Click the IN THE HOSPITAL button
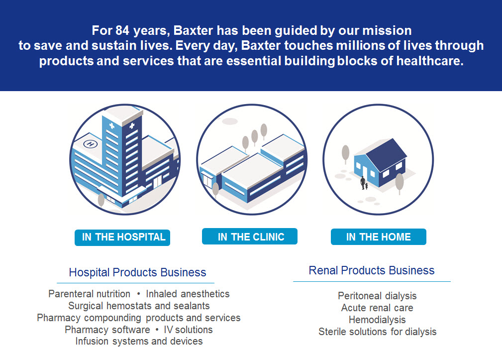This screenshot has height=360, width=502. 122,237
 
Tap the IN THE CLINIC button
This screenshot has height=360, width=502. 250,237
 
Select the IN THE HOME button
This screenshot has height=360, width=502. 378,237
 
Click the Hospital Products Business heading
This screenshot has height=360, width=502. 137,272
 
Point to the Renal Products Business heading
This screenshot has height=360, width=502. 371,270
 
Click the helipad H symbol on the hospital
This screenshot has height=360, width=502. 90,144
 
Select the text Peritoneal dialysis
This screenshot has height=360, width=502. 377,296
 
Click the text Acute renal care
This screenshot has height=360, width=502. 377,308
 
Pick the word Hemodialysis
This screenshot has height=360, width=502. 377,320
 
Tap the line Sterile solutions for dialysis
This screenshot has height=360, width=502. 377,332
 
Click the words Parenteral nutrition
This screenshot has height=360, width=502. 90,294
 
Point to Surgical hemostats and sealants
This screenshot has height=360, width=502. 139,306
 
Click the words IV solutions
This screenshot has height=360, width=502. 188,330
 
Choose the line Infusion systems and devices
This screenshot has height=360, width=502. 139,342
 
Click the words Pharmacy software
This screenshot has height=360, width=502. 107,330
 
